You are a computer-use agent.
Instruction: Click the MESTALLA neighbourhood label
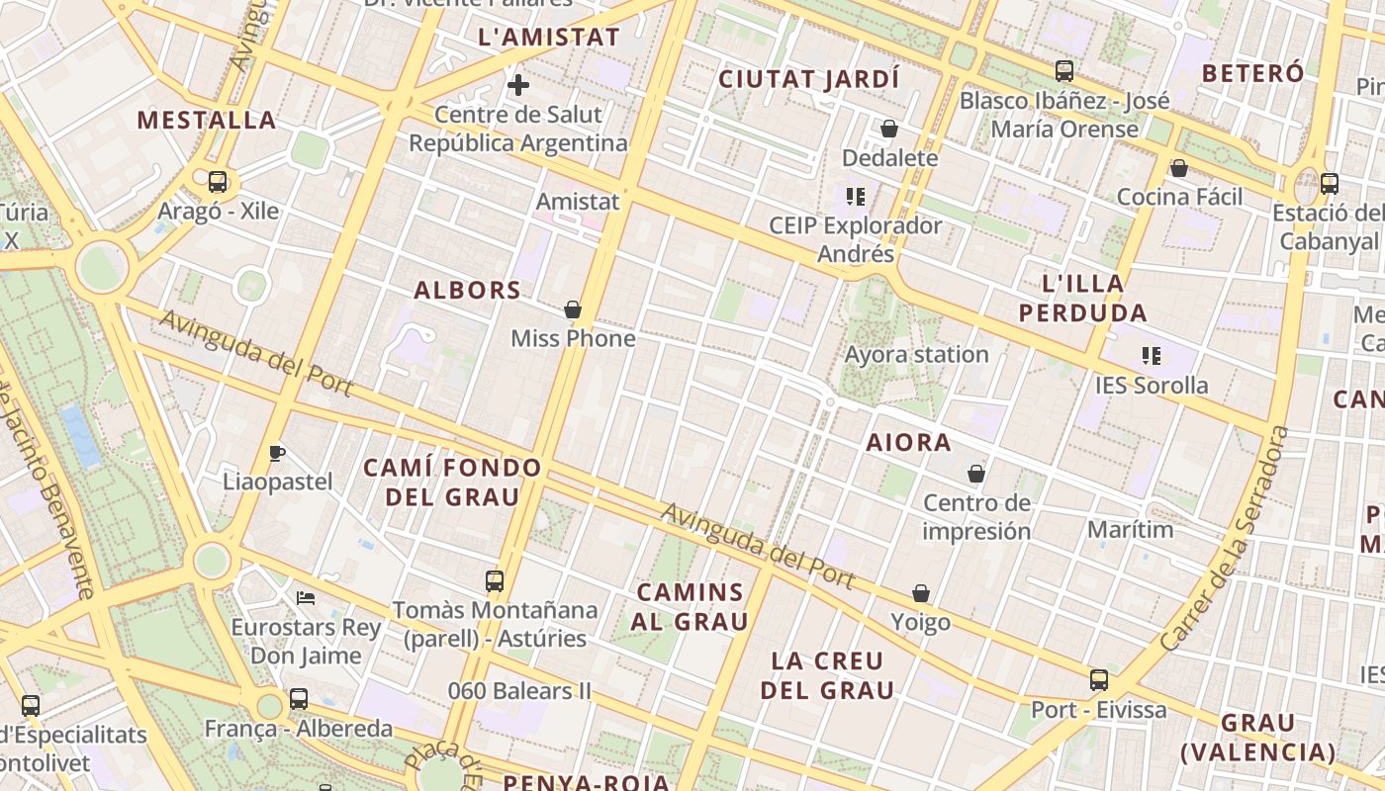pos(206,121)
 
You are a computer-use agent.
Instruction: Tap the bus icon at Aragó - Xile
pos(218,182)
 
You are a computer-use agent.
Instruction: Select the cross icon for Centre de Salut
pos(517,85)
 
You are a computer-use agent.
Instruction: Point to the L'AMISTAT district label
pos(548,39)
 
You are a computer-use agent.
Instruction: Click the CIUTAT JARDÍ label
pos(809,79)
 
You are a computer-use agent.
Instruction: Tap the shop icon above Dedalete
pos(889,130)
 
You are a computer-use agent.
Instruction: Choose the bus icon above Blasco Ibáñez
pos(1064,71)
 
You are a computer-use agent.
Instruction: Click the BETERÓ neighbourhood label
pos(1252,73)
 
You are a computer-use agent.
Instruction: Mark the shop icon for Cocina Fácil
pos(1178,169)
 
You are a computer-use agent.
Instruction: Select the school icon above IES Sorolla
pos(1151,356)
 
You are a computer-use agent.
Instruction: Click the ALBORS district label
pos(467,291)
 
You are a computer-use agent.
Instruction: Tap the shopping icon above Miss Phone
pos(572,310)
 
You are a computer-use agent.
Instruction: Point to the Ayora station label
pos(916,354)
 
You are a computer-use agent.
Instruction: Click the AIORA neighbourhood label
pos(908,443)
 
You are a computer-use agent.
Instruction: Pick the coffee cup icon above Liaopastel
pos(277,454)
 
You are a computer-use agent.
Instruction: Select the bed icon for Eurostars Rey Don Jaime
pos(306,598)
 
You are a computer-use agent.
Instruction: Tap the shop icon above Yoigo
pos(921,593)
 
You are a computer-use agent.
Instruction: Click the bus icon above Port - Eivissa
pos(1099,680)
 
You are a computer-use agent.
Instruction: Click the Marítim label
pos(1130,530)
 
